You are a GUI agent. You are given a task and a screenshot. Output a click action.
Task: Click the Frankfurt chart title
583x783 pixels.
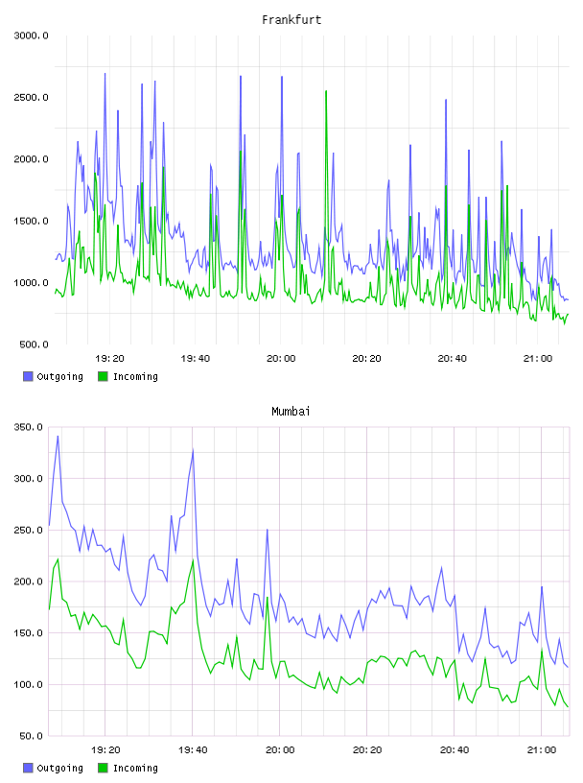point(291,20)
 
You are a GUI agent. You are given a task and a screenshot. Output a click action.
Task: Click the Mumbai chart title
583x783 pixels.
point(291,412)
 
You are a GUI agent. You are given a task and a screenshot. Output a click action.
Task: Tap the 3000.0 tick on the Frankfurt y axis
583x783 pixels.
point(31,36)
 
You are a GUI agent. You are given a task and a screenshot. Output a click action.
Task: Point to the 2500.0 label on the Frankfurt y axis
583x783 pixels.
point(31,97)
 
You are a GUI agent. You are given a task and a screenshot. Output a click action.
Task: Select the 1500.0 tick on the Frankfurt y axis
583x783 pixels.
point(31,222)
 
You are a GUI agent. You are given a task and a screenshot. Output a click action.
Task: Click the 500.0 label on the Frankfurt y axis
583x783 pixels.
point(34,344)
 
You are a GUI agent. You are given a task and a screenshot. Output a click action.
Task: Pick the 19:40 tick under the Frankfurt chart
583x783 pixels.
point(196,359)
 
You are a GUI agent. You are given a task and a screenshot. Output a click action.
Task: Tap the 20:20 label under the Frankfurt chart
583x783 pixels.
point(366,359)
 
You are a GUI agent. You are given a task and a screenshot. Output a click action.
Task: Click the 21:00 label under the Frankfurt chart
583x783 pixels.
point(538,359)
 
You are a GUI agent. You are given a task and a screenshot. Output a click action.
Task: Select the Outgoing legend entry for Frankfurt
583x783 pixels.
point(53,376)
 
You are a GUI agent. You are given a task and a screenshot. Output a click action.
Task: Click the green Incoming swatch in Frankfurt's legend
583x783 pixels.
point(103,376)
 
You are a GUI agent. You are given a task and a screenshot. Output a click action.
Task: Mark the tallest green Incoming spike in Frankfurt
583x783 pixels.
point(326,91)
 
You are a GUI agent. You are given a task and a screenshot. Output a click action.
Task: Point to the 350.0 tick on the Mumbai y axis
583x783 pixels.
point(28,427)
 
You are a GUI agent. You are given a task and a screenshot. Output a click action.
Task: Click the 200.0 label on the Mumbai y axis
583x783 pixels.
point(28,581)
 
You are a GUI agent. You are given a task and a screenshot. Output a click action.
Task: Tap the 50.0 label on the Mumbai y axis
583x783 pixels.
point(31,736)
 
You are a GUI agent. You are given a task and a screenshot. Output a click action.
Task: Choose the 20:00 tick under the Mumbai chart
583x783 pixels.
point(280,750)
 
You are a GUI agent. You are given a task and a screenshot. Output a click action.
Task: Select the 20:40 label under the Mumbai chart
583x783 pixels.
point(454,750)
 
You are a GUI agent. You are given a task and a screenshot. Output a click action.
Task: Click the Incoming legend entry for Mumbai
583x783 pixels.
point(128,768)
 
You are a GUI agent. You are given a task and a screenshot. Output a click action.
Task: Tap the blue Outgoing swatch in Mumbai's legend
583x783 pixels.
point(28,768)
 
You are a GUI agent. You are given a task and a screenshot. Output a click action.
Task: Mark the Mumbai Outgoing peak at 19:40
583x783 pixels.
point(193,451)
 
